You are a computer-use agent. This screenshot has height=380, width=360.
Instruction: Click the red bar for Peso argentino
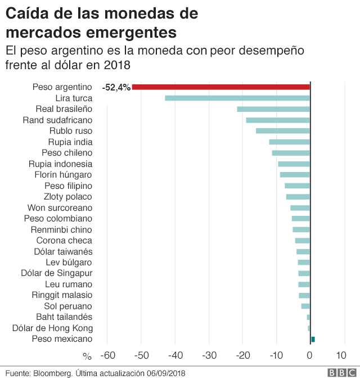[x=220, y=87]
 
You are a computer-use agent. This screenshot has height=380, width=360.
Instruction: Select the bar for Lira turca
[x=237, y=98]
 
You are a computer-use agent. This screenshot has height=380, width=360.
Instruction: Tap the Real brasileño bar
[x=273, y=109]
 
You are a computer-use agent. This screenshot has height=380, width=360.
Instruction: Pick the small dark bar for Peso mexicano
[x=313, y=339]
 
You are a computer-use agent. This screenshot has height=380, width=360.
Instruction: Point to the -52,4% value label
[x=116, y=87]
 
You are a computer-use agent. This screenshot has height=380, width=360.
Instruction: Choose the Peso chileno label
[x=67, y=153]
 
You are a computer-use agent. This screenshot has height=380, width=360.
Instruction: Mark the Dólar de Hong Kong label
[x=52, y=328]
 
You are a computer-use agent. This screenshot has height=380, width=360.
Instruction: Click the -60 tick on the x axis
[x=108, y=355]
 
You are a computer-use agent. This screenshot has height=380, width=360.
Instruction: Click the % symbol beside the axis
[x=87, y=356]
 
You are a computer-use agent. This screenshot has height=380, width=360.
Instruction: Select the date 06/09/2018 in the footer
[x=166, y=373]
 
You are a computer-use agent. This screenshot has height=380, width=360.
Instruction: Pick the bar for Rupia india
[x=289, y=142]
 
